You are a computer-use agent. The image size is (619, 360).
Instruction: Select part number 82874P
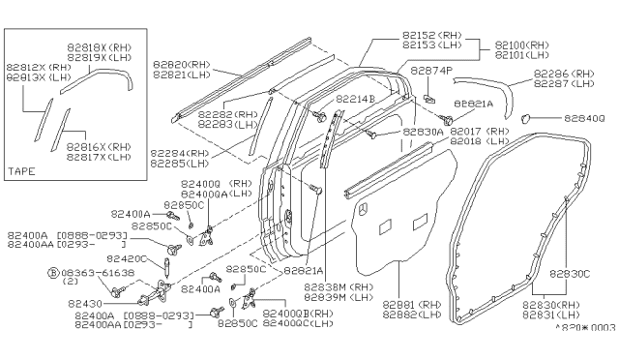pyautogui.click(x=430, y=71)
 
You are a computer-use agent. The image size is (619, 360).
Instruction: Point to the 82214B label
pyautogui.click(x=359, y=100)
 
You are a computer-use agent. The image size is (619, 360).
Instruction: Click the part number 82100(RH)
pyautogui.click(x=522, y=45)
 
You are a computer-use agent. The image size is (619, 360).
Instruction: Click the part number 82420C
pyautogui.click(x=126, y=258)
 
